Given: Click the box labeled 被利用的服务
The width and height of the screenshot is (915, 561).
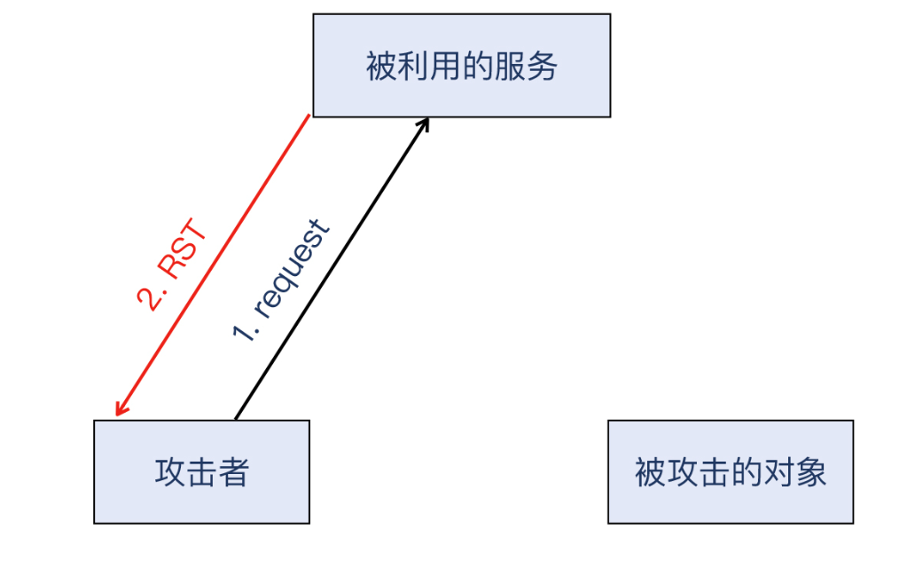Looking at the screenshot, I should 461,65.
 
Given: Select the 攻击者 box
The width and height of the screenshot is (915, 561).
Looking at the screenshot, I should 201,471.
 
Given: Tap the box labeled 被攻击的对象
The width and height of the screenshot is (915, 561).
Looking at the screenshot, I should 730,471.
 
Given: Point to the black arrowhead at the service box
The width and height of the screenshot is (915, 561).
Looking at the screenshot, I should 424,123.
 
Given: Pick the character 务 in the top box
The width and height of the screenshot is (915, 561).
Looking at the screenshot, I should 542,66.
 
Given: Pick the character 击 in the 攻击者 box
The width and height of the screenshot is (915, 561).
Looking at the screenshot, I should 201,472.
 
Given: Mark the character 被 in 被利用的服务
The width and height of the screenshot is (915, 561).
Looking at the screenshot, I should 381,66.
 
